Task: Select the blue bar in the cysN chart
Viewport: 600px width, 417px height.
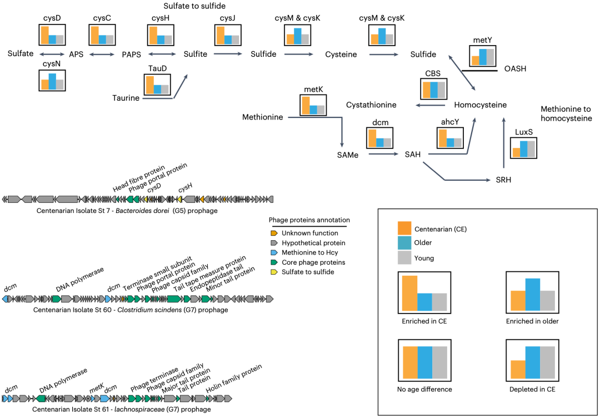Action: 52,82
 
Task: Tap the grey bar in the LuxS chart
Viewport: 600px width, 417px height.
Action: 531,149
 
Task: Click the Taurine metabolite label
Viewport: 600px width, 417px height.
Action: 126,98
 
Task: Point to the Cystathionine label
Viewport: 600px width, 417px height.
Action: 371,105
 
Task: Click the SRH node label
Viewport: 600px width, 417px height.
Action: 503,180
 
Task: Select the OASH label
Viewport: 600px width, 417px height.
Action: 515,69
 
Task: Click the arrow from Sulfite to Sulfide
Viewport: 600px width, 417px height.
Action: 226,54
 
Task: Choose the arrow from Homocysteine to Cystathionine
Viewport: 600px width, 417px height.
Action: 432,105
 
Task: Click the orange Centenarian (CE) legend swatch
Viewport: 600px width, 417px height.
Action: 404,229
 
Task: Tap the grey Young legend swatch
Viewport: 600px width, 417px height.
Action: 404,257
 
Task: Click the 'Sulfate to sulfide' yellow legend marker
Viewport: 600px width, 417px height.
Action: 274,272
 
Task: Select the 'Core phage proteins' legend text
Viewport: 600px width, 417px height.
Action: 313,262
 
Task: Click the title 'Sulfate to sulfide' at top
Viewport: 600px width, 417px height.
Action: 194,6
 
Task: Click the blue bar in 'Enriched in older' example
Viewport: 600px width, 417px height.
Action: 533,295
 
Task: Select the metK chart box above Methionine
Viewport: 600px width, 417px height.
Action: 313,105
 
